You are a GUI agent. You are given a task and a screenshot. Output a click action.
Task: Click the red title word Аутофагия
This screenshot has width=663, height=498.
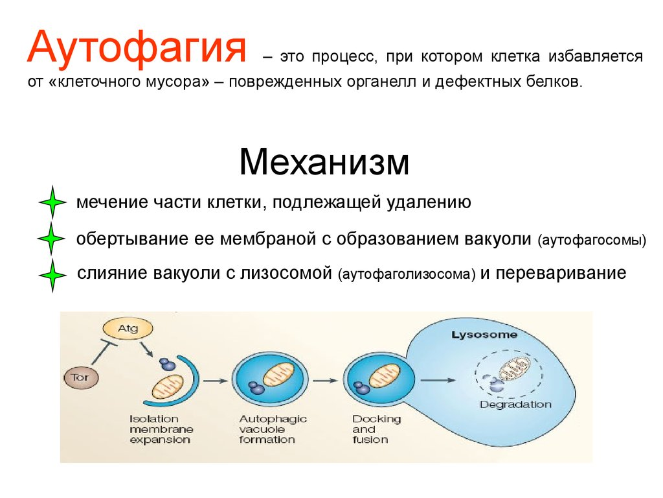(x=137, y=47)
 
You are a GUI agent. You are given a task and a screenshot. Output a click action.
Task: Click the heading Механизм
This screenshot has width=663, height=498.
(x=324, y=161)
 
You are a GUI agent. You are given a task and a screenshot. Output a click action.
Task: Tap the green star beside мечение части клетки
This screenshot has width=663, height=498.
(x=52, y=202)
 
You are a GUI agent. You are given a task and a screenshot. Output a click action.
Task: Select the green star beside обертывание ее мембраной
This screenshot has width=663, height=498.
(x=52, y=239)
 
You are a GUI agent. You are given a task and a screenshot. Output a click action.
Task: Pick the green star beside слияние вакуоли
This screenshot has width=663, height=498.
(x=52, y=275)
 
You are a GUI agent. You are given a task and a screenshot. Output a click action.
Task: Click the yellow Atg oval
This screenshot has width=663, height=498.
(x=128, y=328)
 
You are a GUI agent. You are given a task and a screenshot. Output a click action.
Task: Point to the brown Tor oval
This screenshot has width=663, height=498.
(x=81, y=377)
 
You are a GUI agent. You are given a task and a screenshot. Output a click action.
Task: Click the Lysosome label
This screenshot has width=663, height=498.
(x=484, y=335)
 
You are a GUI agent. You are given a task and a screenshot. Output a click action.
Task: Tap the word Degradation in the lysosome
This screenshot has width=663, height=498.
(x=515, y=405)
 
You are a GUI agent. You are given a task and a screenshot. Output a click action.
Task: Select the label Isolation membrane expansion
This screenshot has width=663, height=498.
(x=161, y=429)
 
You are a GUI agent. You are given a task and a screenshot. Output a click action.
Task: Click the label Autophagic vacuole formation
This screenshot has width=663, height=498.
(x=273, y=429)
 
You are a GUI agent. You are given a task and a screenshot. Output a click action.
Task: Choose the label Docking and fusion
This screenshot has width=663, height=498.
(x=376, y=429)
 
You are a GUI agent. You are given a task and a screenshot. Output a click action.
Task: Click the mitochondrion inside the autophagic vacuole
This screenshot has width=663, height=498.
(x=278, y=374)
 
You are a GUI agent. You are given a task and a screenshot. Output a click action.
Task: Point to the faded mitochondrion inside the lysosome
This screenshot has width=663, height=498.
(x=514, y=368)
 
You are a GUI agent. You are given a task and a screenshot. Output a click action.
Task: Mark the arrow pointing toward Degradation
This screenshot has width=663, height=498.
(x=438, y=380)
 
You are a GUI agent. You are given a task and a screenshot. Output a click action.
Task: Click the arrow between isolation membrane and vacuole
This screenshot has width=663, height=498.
(x=216, y=381)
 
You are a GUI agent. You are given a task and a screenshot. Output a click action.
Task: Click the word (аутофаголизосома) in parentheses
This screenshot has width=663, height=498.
(x=407, y=274)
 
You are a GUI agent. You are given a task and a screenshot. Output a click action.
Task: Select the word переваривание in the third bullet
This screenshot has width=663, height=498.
(x=561, y=273)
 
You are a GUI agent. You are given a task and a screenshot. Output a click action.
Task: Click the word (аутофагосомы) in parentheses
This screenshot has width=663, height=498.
(x=592, y=240)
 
